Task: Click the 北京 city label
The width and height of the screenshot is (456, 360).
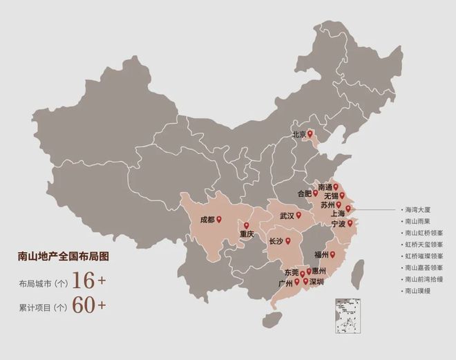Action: click(298, 134)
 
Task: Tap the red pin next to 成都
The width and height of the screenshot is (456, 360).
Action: click(219, 220)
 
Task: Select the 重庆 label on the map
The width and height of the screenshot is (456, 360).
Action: click(247, 235)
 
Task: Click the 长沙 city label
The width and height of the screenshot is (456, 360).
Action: click(276, 241)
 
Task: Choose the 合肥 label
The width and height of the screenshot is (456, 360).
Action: click(304, 193)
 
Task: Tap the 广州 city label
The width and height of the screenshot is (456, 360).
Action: click(285, 283)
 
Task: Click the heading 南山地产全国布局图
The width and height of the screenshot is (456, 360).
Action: click(64, 257)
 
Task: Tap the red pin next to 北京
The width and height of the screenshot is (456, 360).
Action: click(310, 133)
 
